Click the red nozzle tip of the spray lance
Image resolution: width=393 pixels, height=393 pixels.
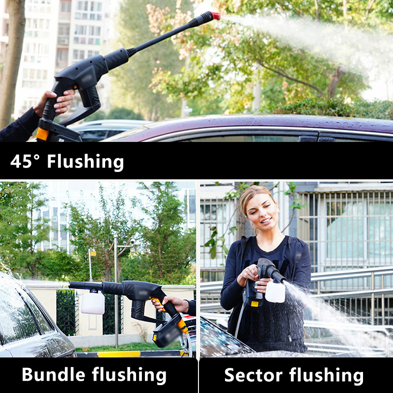[x=216, y=16]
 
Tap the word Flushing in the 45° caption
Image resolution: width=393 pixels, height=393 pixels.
[x=85, y=162]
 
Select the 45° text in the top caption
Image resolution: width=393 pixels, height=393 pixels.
[x=25, y=161]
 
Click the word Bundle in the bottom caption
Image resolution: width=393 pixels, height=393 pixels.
[x=54, y=374]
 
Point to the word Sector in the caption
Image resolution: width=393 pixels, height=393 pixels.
[x=253, y=375]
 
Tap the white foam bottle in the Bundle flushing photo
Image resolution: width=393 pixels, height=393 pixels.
[x=93, y=302]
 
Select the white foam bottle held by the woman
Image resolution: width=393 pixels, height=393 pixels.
[x=275, y=291]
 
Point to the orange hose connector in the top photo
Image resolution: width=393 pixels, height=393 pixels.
[x=42, y=134]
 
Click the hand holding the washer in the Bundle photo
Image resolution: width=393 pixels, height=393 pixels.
[x=170, y=304]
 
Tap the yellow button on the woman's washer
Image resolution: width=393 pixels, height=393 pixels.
[x=254, y=304]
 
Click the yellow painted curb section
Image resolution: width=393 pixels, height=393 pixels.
[x=119, y=354]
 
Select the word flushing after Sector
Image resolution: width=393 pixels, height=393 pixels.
[x=326, y=376]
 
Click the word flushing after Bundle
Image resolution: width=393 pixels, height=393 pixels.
[x=129, y=375]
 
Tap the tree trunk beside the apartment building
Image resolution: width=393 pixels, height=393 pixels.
[x=11, y=63]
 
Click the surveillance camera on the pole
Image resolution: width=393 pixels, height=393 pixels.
[x=132, y=242]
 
